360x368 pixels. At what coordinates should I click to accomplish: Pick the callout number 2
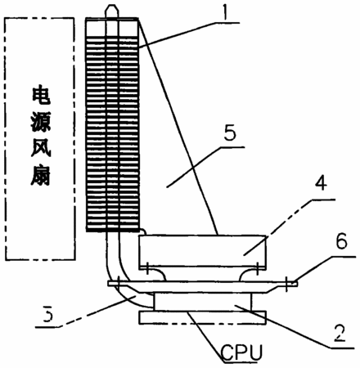pos(340,333)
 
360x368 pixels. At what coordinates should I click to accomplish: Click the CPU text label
pos(241,352)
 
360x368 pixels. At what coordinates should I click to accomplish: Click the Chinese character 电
pos(41,95)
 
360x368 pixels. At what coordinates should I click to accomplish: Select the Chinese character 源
pos(41,122)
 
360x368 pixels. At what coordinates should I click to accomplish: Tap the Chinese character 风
pos(41,149)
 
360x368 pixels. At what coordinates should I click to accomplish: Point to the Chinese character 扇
pos(41,176)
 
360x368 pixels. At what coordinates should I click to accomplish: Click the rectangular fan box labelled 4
pos(202,250)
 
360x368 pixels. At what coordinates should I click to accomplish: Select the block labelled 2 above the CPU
pos(202,302)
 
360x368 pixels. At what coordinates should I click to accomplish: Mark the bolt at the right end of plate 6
pos(286,284)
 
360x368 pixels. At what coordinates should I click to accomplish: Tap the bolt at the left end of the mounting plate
pos(119,284)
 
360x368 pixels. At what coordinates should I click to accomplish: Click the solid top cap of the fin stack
pos(112,28)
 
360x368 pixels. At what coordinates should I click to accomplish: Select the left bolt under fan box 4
pos(146,268)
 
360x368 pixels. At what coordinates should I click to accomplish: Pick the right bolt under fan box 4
pos(258,268)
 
